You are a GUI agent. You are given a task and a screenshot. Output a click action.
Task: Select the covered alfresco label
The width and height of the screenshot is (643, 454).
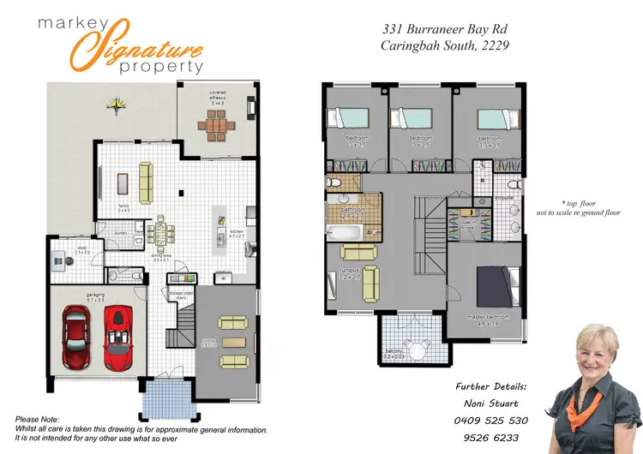[x=216, y=97]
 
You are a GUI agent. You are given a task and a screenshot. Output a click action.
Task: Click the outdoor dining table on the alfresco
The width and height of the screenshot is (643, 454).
[x=216, y=127]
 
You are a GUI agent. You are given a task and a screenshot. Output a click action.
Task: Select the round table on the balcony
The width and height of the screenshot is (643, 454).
[x=418, y=349]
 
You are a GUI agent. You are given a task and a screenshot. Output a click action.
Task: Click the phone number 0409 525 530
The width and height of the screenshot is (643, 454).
[x=492, y=421]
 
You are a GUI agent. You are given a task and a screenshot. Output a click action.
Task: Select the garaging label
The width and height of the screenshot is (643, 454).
[x=95, y=296]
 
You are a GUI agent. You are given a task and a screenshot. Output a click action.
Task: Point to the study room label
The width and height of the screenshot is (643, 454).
[x=82, y=250]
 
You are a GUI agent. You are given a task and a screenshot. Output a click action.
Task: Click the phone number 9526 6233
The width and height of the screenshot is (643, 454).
[x=492, y=437]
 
